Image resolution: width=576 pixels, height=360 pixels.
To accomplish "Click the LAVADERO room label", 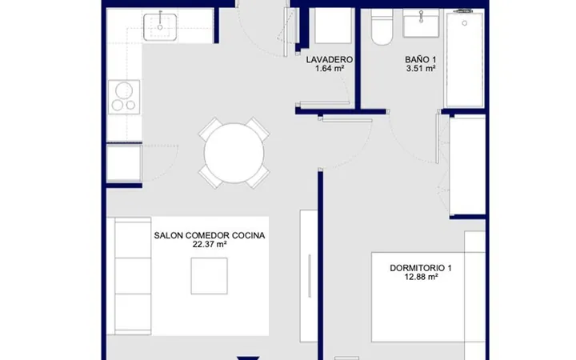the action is coord(330,59).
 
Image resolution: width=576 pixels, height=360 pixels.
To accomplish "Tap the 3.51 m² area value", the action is coord(421,68).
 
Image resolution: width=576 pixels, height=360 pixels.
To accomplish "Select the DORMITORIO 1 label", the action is coord(421,268).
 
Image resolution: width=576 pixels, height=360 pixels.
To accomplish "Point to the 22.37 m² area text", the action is coord(210,244).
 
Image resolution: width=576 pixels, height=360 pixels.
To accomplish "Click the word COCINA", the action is coord(248,235).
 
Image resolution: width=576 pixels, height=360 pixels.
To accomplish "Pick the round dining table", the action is coord(234,153).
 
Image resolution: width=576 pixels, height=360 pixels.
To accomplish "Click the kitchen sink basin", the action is coord(160,27).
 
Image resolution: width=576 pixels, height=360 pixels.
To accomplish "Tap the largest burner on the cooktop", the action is coord(124,90).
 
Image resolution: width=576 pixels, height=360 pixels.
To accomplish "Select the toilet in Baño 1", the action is coord(382,27).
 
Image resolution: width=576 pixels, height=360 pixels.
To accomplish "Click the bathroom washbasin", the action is coord(421,23).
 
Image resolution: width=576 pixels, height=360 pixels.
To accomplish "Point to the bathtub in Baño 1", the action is coord(464,58).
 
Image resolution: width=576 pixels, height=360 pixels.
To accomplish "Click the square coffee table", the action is coord(209,276).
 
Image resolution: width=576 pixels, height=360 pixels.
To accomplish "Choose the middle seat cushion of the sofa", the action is coord(133,276).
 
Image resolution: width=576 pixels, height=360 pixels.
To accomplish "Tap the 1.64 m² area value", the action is coord(330,68).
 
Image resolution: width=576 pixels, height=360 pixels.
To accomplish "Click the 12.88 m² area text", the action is coord(421,277).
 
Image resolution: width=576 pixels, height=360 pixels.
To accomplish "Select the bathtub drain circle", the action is coord(464,23).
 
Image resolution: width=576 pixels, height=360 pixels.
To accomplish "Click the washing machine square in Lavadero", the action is coord(333,26).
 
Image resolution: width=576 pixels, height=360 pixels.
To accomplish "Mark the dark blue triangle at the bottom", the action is coord(248,358).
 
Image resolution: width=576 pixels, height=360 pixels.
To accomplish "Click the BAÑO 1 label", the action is coord(421,59).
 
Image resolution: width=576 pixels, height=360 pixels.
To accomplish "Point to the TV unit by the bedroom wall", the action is coord(309,275).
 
